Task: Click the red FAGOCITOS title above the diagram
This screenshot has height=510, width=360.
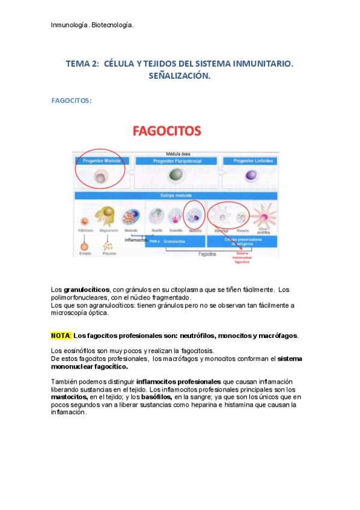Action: pyautogui.click(x=166, y=131)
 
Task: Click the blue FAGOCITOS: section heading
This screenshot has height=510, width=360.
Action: pyautogui.click(x=72, y=100)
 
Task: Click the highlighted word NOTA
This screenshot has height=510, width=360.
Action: pyautogui.click(x=61, y=336)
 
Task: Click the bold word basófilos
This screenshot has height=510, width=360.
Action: pyautogui.click(x=157, y=398)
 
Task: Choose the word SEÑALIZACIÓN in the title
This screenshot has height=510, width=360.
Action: pyautogui.click(x=180, y=76)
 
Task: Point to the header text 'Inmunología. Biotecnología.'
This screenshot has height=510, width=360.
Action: pyautogui.click(x=92, y=25)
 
